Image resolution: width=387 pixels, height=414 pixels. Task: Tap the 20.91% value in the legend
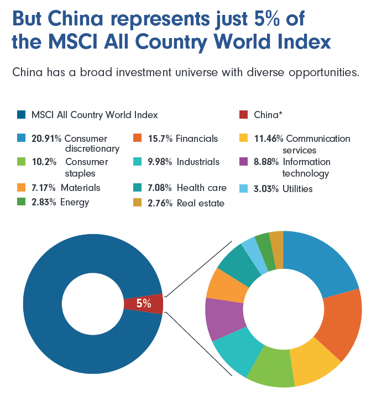coord(46,139)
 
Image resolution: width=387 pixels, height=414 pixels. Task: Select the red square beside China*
coord(244,115)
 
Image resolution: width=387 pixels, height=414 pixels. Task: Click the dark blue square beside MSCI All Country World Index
coord(21,115)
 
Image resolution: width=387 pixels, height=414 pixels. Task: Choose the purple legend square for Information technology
coord(244,162)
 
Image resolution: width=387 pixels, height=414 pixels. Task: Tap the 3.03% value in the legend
coord(267,189)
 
